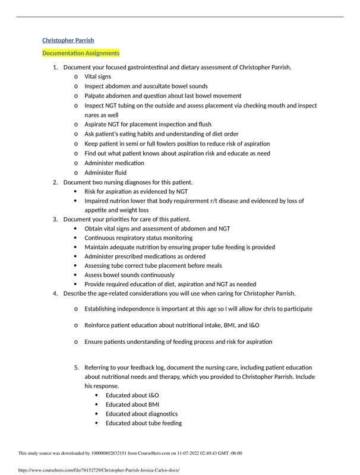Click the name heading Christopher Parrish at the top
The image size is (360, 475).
[68, 40]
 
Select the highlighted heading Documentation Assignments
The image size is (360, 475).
[81, 53]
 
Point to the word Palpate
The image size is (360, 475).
[96, 96]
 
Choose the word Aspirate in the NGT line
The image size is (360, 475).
[97, 125]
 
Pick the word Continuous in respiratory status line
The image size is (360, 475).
[102, 238]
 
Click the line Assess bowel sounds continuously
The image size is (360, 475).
[130, 275]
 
